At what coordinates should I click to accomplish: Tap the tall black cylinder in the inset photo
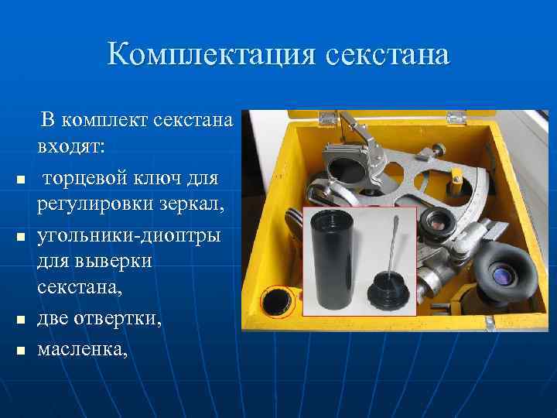coord(334,260)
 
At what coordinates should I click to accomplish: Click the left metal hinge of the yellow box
coord(327,118)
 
